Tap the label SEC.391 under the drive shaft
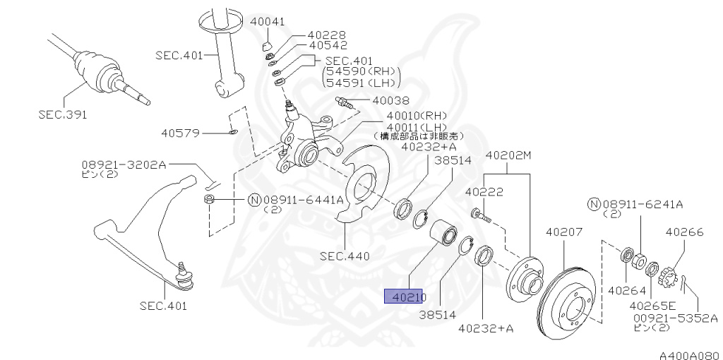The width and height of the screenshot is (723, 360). pyautogui.click(x=63, y=114)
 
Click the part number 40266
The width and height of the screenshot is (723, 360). pyautogui.click(x=683, y=231)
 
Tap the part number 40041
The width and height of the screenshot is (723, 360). pyautogui.click(x=268, y=22)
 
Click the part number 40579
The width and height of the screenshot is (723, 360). pyautogui.click(x=181, y=132)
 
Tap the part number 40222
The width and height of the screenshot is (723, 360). pyautogui.click(x=484, y=191)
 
